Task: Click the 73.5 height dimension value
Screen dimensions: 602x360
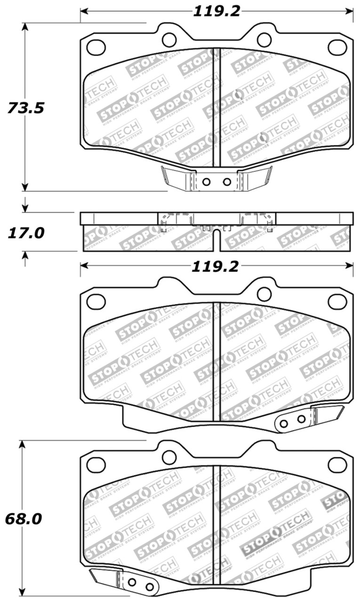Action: coord(26,108)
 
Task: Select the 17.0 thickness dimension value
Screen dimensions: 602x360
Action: coord(26,233)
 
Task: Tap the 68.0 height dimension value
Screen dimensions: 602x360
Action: coord(24,519)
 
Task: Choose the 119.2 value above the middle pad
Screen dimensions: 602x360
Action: coord(215,267)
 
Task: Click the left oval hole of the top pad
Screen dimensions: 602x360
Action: coord(96,47)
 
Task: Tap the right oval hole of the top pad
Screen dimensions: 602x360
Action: coord(337,47)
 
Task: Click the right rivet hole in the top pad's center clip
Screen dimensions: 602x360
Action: coord(227,182)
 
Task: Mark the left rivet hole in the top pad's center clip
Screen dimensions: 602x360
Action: coord(206,182)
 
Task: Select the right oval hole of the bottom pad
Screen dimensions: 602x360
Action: coord(337,465)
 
